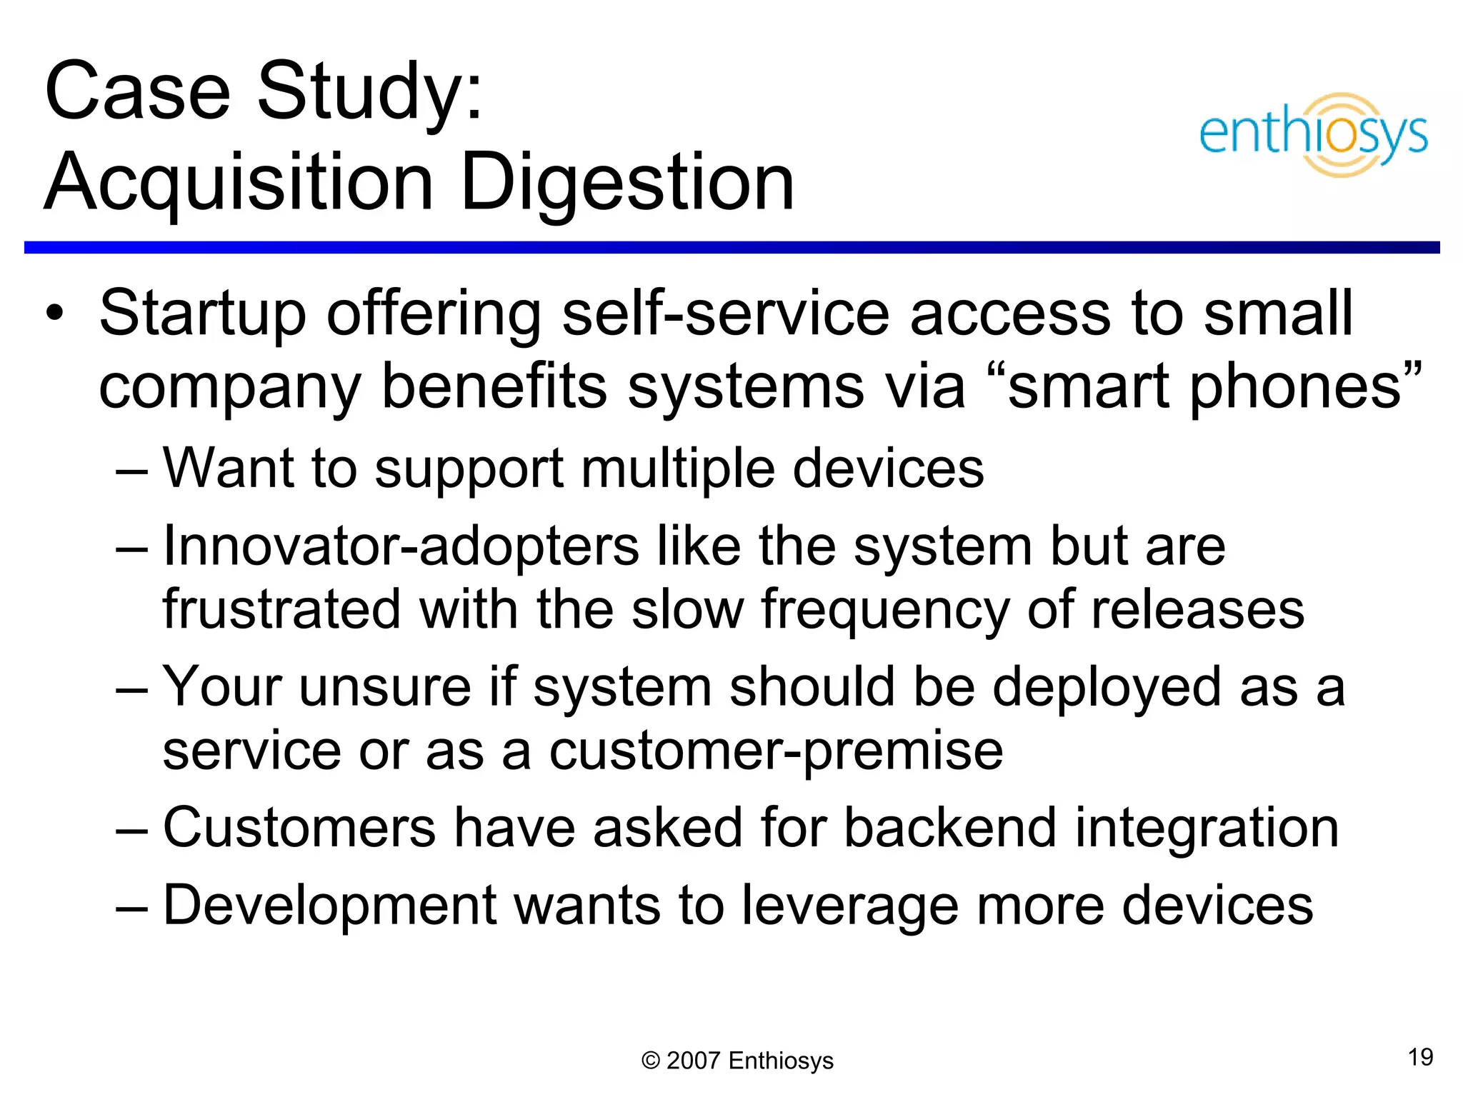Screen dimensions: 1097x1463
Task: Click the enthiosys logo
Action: coord(1313,134)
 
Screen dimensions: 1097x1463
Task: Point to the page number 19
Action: coord(1420,1057)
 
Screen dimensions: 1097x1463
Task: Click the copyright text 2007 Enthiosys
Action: coord(737,1061)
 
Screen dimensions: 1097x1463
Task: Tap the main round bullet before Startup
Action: coord(55,314)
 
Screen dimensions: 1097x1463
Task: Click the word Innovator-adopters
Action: coord(401,546)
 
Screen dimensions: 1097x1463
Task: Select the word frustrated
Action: coord(281,609)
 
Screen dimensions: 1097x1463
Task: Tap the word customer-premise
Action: coord(776,751)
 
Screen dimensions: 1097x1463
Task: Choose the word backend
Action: coord(949,828)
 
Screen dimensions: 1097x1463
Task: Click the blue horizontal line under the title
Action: coord(731,247)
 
